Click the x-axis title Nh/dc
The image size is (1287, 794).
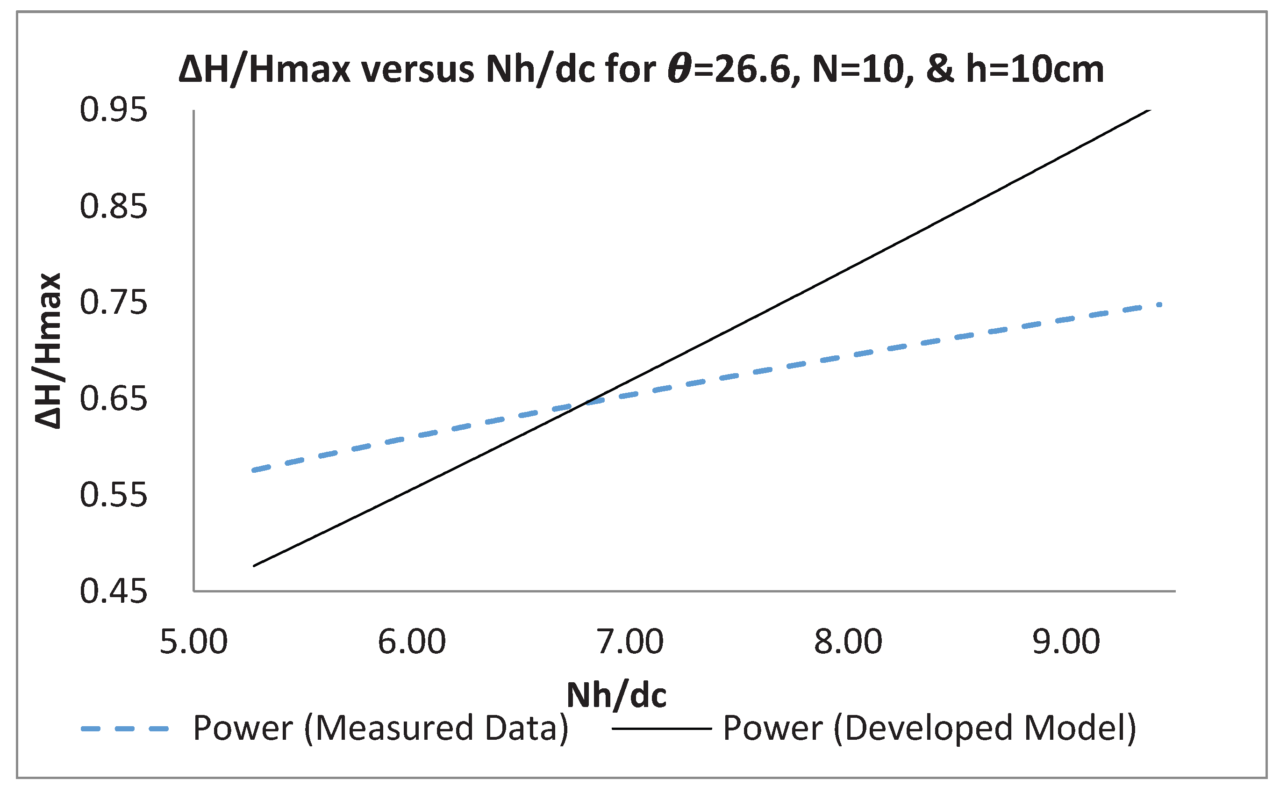tap(616, 696)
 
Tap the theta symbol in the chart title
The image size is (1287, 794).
tap(680, 69)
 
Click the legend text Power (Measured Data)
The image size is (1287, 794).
tap(380, 729)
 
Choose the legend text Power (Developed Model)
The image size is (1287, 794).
tap(929, 729)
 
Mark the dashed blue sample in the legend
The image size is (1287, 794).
tap(125, 729)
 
